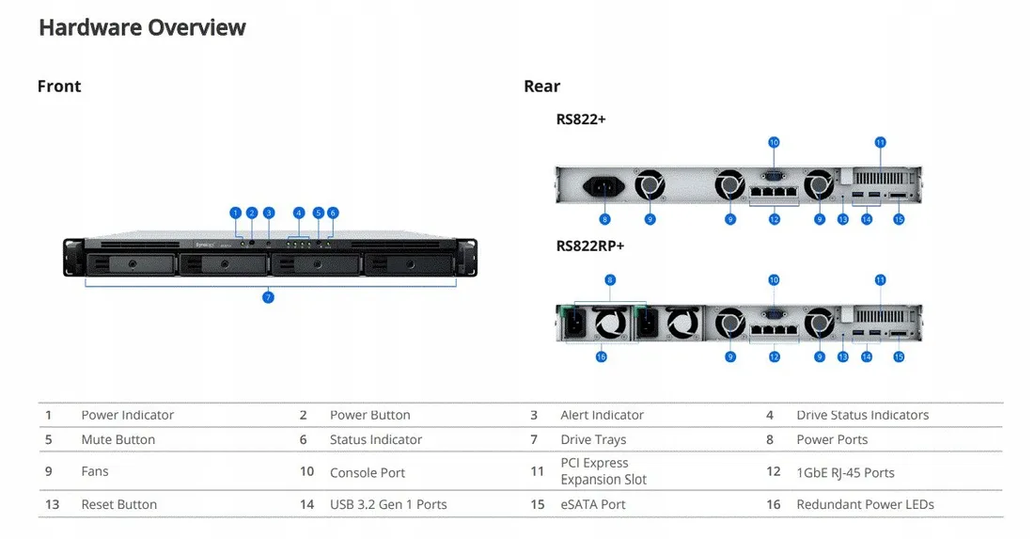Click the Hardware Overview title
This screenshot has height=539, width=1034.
142,28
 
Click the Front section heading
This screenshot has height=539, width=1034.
59,87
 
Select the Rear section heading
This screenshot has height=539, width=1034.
541,87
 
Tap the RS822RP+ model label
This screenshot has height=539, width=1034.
590,246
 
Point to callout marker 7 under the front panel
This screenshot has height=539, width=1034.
268,297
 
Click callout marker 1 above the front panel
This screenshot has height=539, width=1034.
236,213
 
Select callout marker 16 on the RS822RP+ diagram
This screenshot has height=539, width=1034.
602,357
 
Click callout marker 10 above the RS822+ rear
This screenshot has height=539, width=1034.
774,143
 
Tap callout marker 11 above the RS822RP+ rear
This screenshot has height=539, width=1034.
880,280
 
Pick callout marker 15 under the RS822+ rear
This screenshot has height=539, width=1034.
899,219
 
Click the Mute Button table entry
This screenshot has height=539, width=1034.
117,439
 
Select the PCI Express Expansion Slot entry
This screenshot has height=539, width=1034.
603,471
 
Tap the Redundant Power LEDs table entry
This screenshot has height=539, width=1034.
865,504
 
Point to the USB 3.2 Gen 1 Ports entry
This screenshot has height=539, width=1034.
388,504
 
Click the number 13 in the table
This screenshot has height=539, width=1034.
52,504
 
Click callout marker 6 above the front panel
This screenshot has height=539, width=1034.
333,213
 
